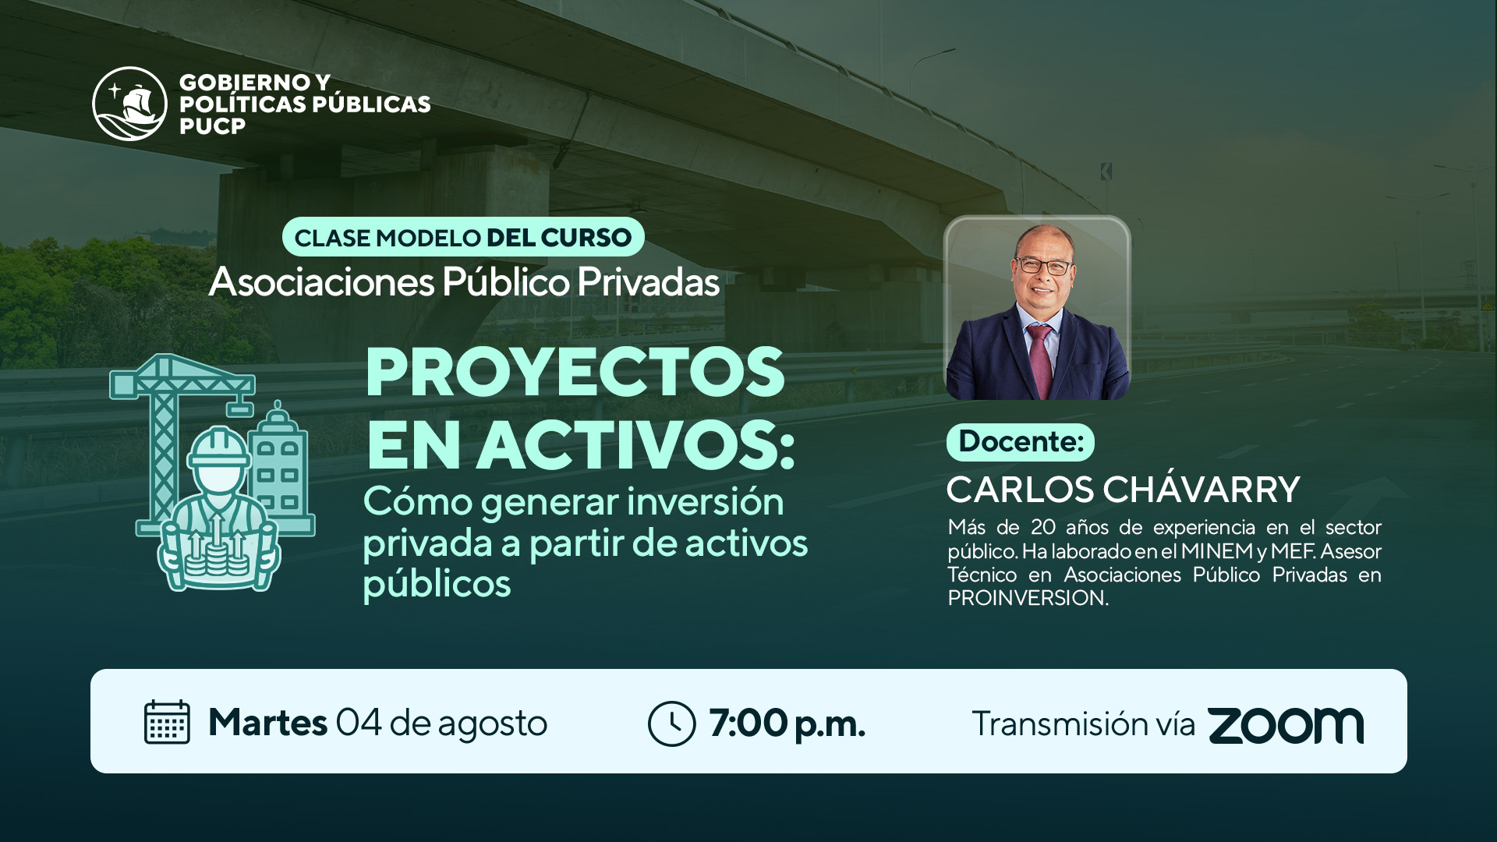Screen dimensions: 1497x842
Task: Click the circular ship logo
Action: (129, 104)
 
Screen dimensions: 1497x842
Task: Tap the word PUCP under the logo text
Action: (212, 126)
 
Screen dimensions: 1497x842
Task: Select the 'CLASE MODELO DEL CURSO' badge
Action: (463, 237)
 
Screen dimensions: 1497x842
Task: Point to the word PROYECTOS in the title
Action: (575, 372)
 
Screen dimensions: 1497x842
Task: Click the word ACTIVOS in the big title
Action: (635, 445)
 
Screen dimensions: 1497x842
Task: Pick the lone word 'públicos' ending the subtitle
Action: (437, 584)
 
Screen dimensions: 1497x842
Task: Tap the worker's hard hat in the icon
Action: (220, 448)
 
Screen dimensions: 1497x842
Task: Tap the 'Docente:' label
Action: (1021, 442)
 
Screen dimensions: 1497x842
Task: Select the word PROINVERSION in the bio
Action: (1028, 598)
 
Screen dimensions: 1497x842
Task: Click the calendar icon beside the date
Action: (167, 722)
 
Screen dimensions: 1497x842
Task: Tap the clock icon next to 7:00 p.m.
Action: (671, 723)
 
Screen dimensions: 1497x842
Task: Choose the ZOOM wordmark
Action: (1286, 725)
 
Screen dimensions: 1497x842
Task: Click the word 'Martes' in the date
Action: (267, 723)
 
